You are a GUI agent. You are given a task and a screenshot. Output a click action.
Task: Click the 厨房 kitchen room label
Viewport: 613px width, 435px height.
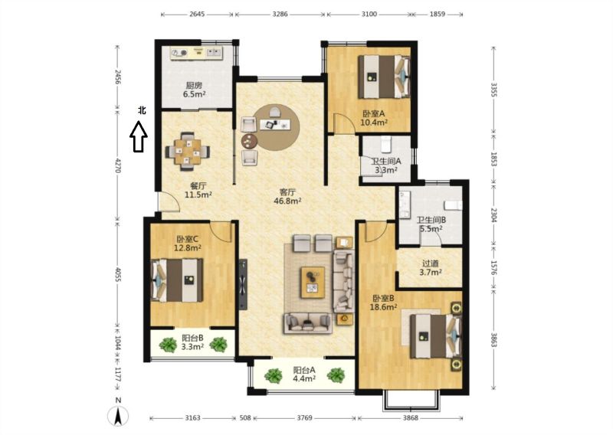[194, 85]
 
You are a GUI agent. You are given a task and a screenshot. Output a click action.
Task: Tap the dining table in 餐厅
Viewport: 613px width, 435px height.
[188, 152]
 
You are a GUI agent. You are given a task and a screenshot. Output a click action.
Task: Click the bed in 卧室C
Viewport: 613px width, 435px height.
[177, 280]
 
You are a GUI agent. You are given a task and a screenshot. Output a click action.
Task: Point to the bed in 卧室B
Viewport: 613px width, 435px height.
[435, 336]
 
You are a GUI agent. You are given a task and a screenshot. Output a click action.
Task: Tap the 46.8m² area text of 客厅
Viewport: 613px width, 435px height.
[288, 201]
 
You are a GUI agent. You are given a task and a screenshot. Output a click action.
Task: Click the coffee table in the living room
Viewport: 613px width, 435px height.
[313, 283]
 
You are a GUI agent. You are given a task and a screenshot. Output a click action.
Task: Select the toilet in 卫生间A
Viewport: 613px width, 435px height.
[386, 144]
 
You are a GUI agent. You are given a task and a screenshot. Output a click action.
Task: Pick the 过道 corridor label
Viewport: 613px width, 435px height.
[431, 263]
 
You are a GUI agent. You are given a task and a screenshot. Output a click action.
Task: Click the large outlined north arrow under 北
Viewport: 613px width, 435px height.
[139, 136]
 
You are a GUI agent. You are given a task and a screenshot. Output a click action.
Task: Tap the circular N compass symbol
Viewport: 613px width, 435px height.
[118, 416]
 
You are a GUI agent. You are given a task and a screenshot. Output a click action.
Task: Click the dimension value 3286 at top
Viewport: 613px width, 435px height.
[280, 14]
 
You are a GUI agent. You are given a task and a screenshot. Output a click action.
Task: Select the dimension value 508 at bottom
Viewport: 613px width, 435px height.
[244, 418]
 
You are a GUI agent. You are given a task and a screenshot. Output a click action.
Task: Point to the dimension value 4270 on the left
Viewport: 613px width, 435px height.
[118, 165]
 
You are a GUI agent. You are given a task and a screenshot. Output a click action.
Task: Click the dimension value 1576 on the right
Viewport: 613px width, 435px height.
[493, 269]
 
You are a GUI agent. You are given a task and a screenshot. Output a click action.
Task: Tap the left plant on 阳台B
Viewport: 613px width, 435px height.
[168, 345]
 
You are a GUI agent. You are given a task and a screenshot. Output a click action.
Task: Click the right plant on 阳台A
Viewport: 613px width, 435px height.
[336, 375]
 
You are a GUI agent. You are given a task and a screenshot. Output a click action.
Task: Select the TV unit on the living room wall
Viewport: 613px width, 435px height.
[243, 285]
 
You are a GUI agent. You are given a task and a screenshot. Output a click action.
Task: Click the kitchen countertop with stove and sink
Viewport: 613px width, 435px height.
[196, 53]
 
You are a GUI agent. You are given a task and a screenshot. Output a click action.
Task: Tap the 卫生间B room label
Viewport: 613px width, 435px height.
[431, 220]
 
